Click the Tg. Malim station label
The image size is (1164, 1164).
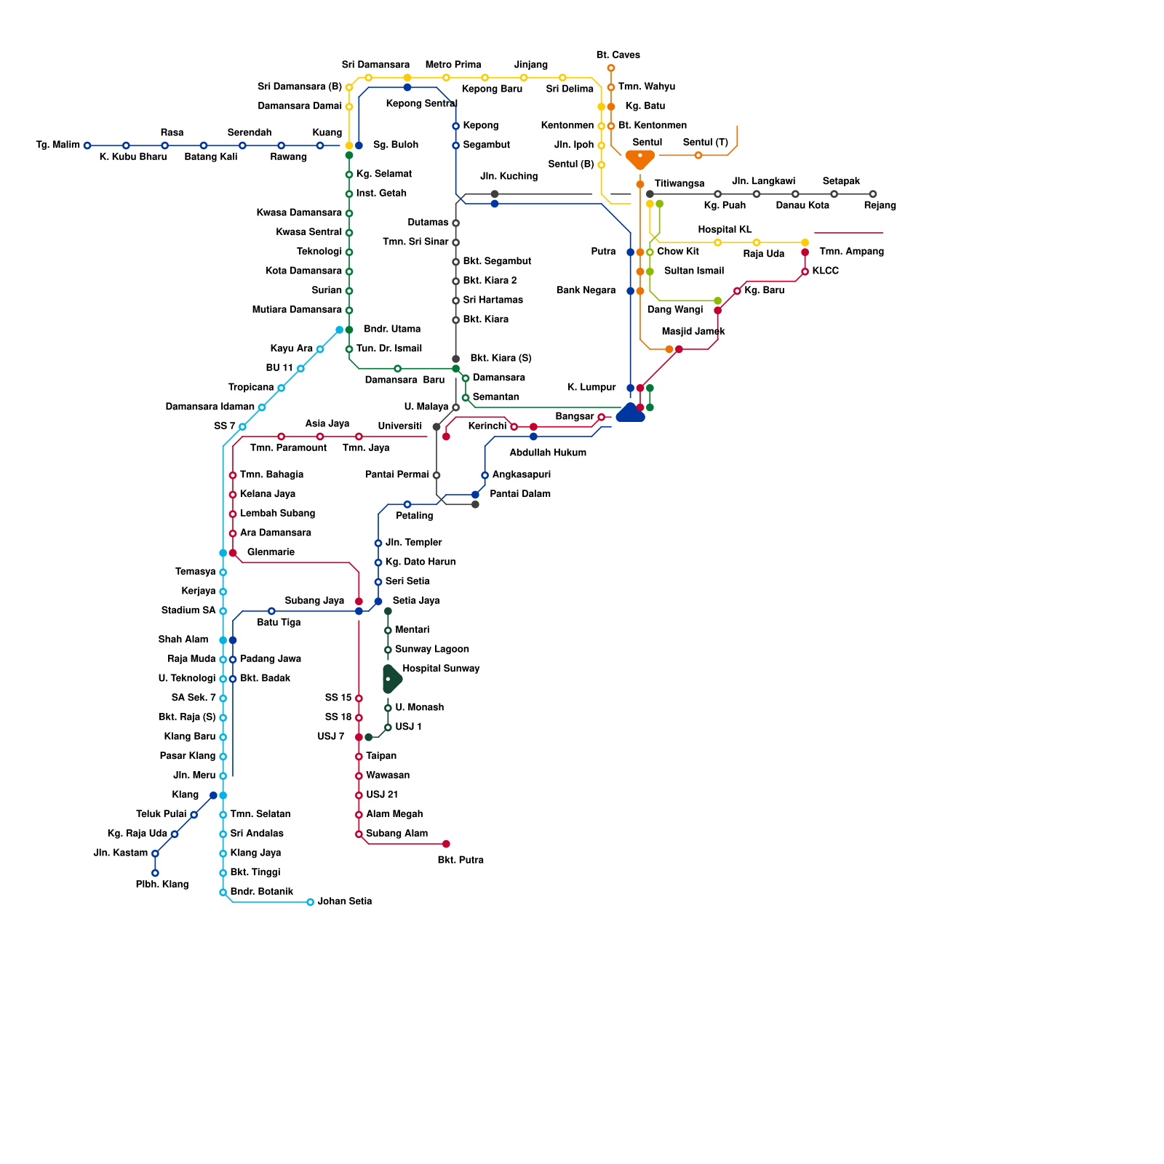click(x=57, y=145)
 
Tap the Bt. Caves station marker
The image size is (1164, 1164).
click(x=611, y=68)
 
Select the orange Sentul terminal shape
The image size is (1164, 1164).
click(x=640, y=158)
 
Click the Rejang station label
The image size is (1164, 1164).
click(x=880, y=206)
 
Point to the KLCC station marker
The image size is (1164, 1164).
click(x=805, y=271)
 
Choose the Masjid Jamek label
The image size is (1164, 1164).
click(x=693, y=332)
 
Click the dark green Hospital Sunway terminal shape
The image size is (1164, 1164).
click(x=391, y=679)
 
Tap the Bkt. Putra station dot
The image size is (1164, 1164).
click(x=446, y=844)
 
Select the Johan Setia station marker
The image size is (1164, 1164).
click(x=310, y=902)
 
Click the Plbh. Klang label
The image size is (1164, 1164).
click(x=162, y=885)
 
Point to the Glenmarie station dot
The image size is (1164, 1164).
click(x=233, y=553)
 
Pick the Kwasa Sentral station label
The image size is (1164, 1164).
click(x=308, y=232)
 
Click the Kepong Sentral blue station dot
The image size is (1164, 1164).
click(x=407, y=87)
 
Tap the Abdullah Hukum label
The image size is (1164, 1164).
click(x=547, y=453)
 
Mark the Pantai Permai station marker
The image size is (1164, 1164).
click(x=436, y=475)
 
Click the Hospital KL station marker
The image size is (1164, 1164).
click(x=717, y=242)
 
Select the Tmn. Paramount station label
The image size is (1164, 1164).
click(x=288, y=448)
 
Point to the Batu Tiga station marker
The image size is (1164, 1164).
click(x=271, y=611)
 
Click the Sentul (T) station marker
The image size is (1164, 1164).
click(x=698, y=155)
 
